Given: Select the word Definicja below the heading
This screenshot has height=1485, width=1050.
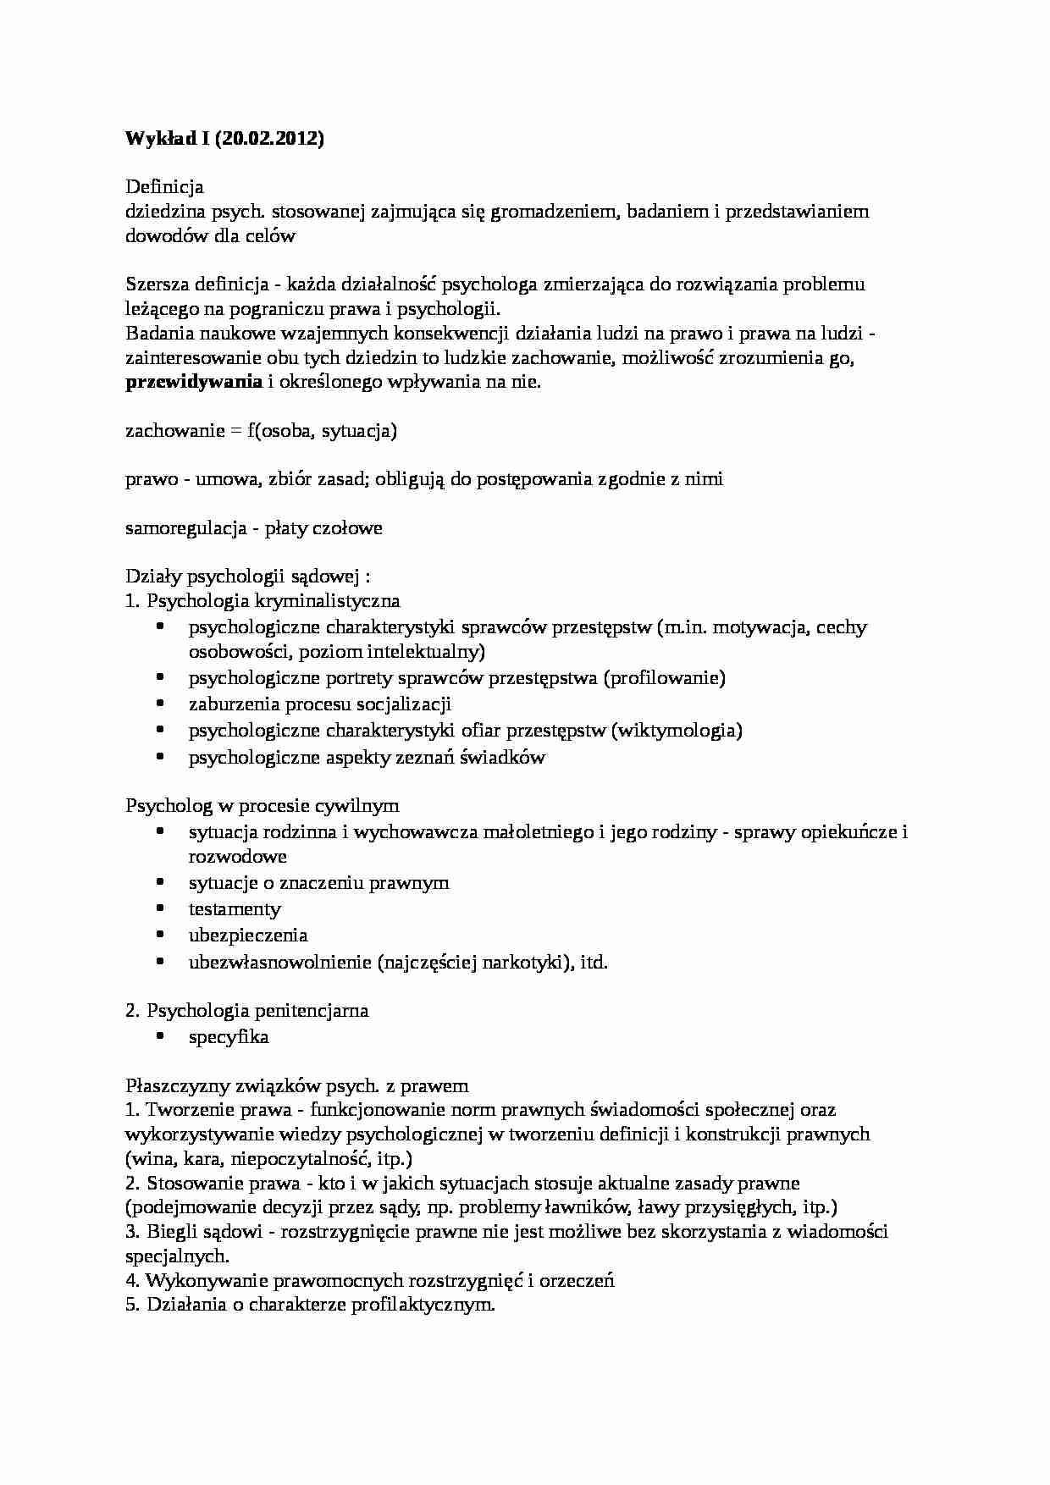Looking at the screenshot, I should tap(164, 186).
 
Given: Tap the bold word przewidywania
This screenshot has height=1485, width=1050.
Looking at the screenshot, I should tap(194, 381).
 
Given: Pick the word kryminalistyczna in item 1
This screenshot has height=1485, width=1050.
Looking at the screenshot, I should tap(327, 601).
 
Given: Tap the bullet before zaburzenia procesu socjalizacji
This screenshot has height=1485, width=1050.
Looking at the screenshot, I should tap(161, 703).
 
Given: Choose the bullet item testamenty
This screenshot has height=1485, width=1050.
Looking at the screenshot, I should tap(235, 909).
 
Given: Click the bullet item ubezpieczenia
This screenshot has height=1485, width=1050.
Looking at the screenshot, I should tap(247, 936).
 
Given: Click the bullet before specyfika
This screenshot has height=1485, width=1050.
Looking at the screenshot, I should tap(161, 1035).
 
